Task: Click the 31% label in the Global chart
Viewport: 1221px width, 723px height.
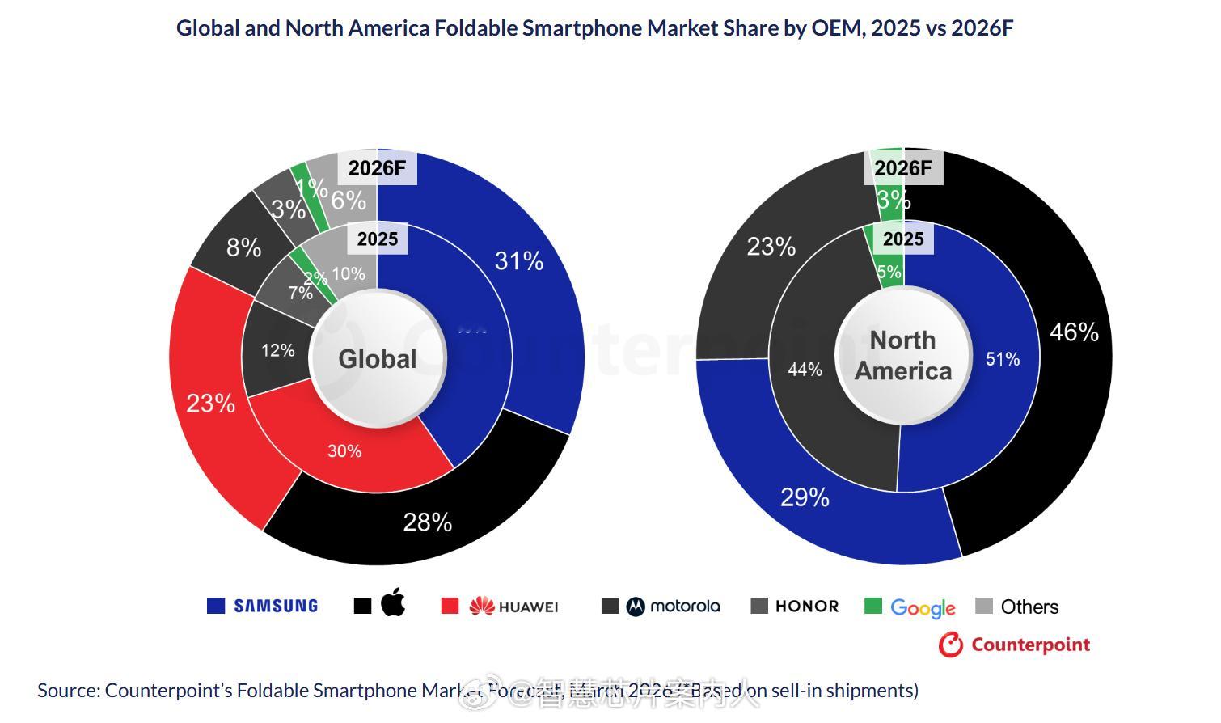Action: point(519,261)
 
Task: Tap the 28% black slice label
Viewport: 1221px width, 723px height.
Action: point(428,522)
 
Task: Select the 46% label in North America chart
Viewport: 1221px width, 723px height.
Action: point(1074,332)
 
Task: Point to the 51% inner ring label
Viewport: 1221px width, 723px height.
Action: point(1003,359)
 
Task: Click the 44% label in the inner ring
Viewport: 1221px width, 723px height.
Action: point(805,370)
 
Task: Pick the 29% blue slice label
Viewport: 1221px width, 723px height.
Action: point(805,497)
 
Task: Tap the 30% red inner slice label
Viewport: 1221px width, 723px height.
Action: point(344,451)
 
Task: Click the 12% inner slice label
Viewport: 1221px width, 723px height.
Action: point(278,351)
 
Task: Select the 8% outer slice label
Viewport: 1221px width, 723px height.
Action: point(243,247)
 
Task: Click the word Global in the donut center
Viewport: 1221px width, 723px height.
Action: point(378,359)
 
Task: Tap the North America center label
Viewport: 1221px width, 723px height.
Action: point(903,356)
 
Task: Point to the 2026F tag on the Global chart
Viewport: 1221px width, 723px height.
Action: point(377,168)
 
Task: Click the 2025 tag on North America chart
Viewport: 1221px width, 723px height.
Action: point(903,239)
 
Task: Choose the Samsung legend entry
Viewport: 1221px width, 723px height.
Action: point(275,606)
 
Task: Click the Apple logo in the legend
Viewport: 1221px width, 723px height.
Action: point(393,603)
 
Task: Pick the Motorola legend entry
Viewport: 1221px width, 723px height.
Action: point(673,606)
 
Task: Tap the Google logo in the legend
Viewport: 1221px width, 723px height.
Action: point(923,607)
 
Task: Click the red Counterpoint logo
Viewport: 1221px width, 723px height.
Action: point(1014,645)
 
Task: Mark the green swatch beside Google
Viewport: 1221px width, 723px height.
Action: point(873,606)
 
